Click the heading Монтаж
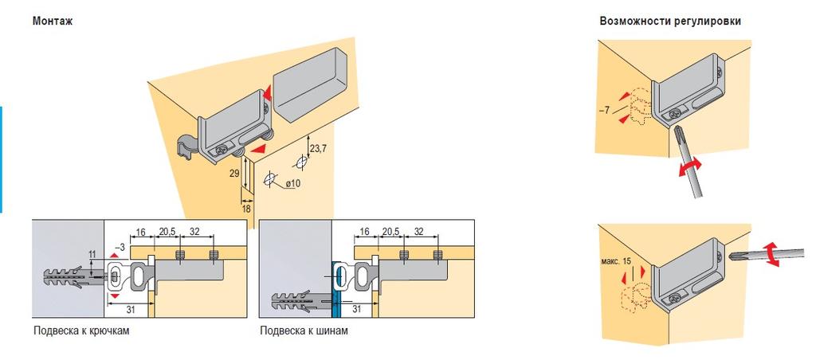click(x=53, y=22)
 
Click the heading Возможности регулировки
click(x=670, y=22)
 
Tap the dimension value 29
click(x=233, y=173)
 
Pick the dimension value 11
click(x=92, y=255)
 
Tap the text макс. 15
click(x=618, y=262)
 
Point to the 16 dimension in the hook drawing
click(x=142, y=231)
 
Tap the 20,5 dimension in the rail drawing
click(x=390, y=231)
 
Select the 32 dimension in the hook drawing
click(x=196, y=231)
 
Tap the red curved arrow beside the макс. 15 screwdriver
click(x=770, y=256)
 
